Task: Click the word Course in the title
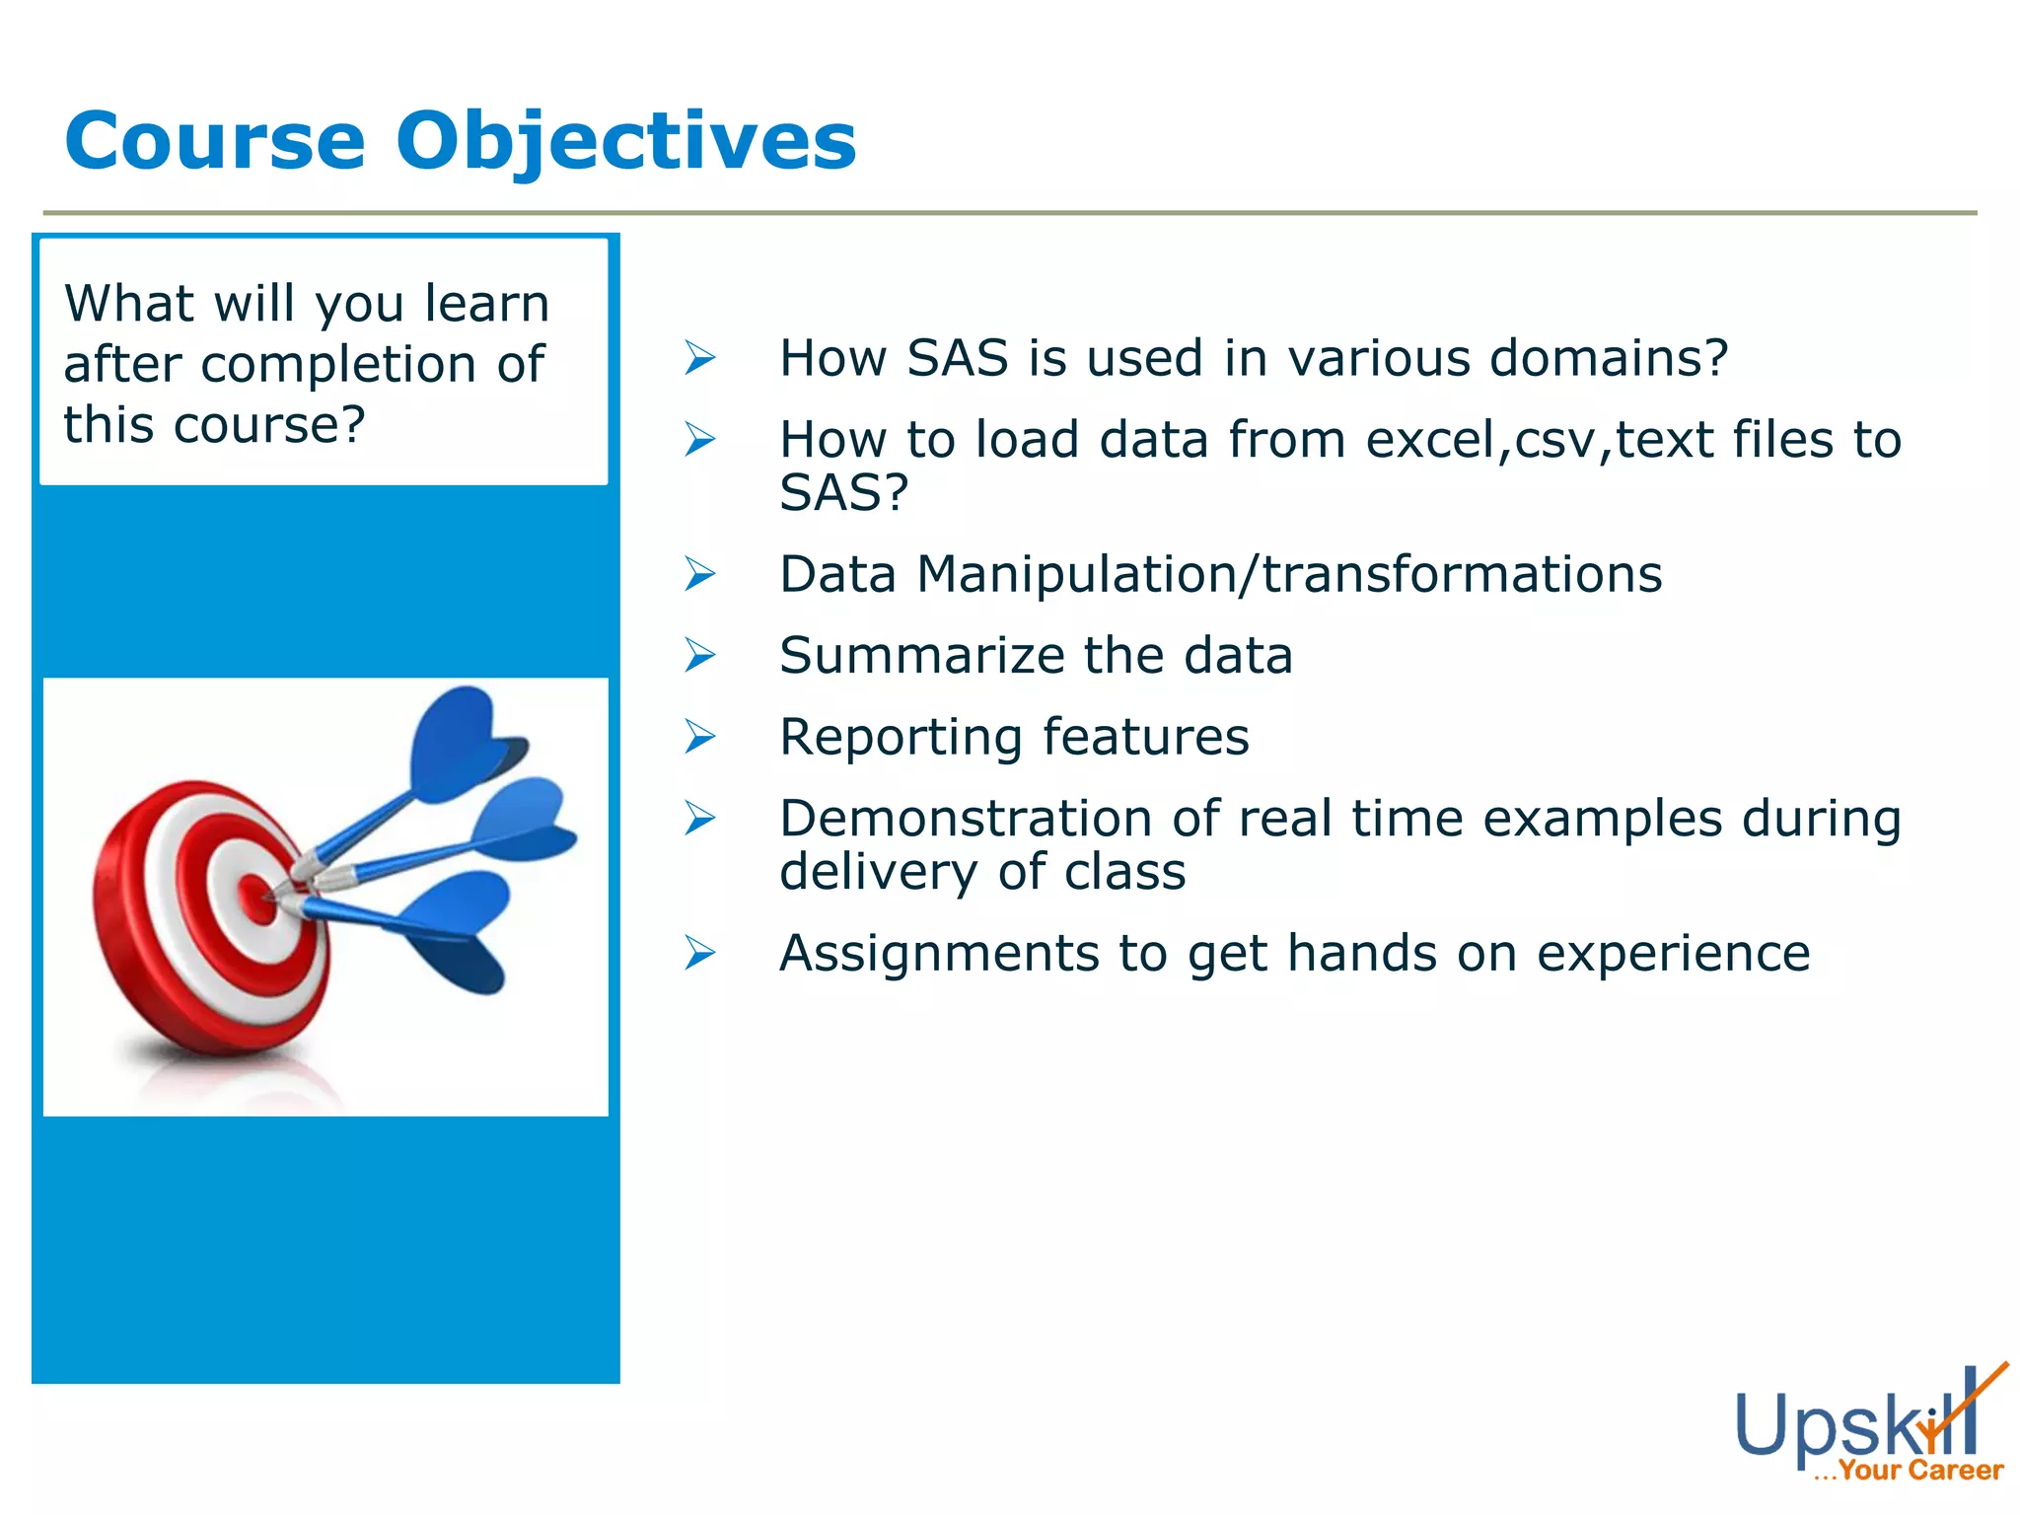[x=215, y=140]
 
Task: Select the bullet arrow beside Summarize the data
[x=699, y=655]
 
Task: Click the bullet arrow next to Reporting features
[x=699, y=737]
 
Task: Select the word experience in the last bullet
[x=1673, y=954]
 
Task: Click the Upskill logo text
[x=1844, y=1426]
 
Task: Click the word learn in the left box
[x=486, y=303]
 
